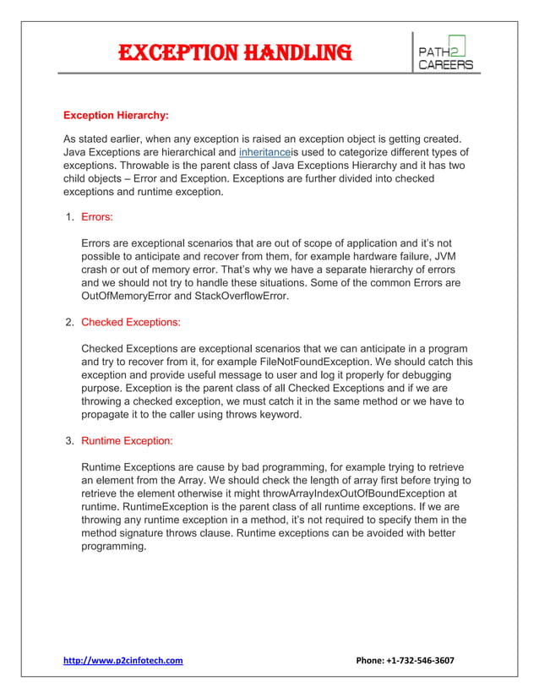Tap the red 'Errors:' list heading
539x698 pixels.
tap(97, 217)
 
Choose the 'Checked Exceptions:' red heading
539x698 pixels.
tap(131, 322)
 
